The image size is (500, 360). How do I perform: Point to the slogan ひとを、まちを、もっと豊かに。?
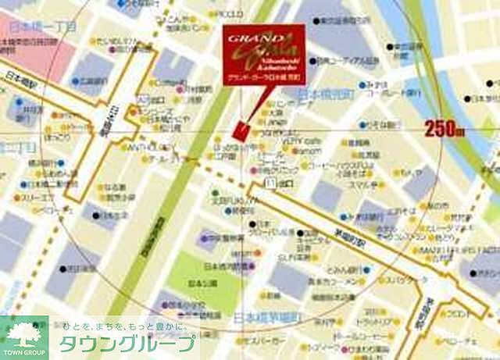(x=125, y=327)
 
